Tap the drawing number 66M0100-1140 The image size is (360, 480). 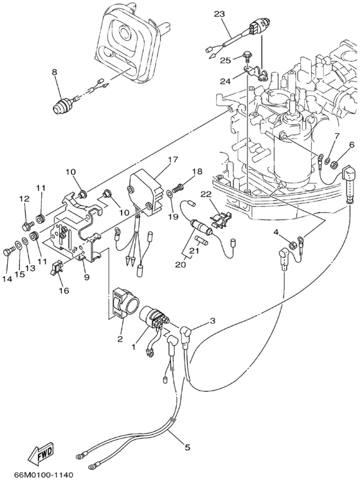[x=44, y=474]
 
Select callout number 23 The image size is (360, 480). [x=219, y=14]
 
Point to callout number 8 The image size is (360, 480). [x=55, y=72]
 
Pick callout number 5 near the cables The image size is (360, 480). [x=187, y=447]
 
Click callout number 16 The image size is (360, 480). [x=64, y=290]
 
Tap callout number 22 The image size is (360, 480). [x=206, y=194]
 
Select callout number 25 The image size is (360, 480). [x=234, y=60]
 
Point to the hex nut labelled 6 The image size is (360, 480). [x=335, y=164]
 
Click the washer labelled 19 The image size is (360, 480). [x=169, y=194]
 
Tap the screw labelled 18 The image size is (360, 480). [x=179, y=186]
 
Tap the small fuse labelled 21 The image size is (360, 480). [x=203, y=241]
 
